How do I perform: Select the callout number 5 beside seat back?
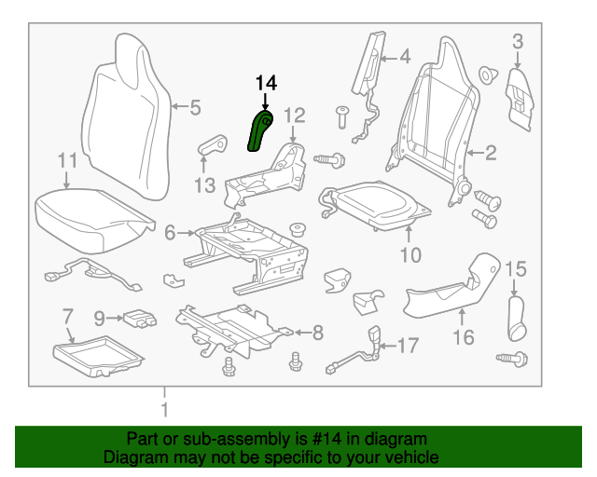194,108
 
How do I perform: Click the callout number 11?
66,161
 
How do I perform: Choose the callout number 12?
295,116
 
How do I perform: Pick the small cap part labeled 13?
214,144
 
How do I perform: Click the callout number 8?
316,331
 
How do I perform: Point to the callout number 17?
409,346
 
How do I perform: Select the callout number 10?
410,254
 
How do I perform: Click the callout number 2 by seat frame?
490,151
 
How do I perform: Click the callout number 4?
404,58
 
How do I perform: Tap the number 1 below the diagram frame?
164,409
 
